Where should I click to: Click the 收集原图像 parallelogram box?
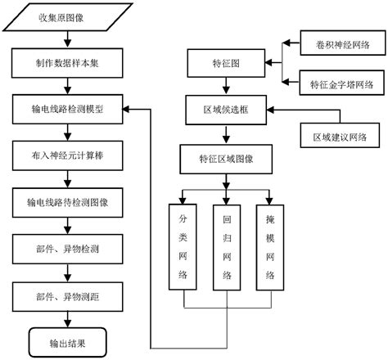click(x=67, y=16)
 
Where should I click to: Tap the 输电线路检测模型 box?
click(x=68, y=107)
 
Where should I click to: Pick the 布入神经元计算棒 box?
click(x=68, y=154)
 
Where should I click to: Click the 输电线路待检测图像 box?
click(x=68, y=200)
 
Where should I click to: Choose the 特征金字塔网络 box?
click(x=334, y=83)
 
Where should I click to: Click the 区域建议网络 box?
click(x=334, y=136)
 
